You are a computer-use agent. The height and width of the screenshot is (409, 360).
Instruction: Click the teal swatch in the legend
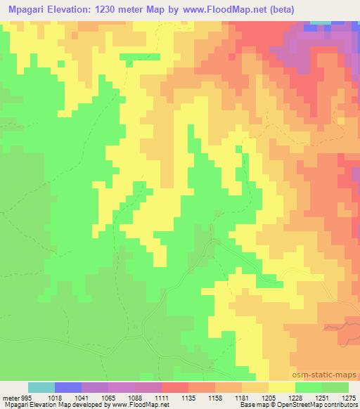coord(41,387)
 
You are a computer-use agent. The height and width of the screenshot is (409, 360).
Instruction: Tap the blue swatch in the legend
coord(68,387)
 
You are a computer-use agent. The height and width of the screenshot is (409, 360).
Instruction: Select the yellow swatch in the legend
coord(282,387)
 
